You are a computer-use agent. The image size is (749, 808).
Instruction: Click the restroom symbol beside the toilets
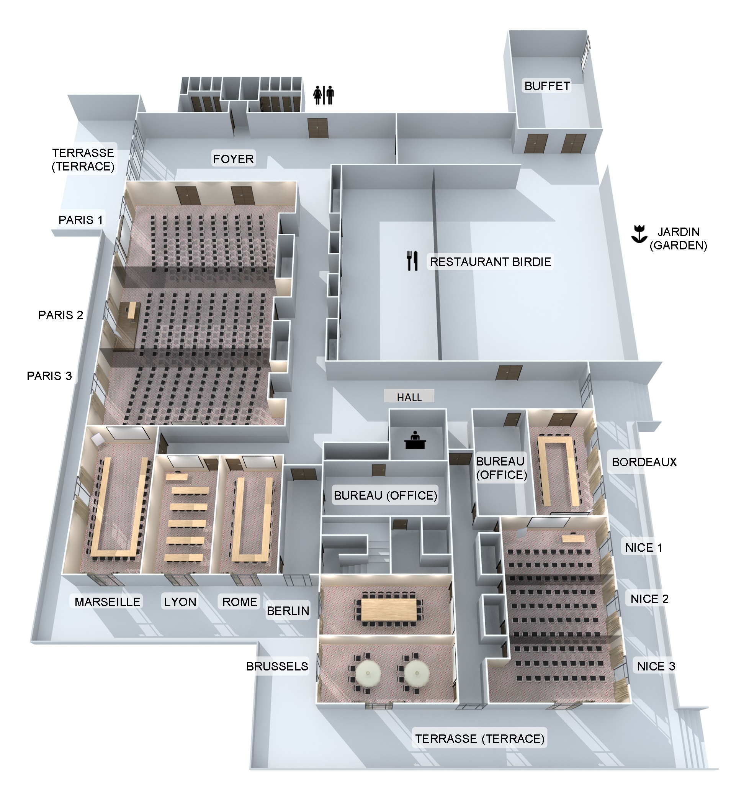[x=324, y=95]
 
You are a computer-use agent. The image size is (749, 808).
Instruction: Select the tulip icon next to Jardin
[x=639, y=234]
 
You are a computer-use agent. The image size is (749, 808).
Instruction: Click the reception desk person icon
[x=415, y=440]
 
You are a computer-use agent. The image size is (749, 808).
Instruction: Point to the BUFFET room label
[x=547, y=86]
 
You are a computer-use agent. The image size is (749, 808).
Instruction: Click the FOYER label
[x=233, y=159]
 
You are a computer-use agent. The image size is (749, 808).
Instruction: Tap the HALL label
[x=409, y=397]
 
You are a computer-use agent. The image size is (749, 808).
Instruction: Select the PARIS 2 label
[x=61, y=315]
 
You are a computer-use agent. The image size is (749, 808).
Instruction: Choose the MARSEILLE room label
[x=107, y=602]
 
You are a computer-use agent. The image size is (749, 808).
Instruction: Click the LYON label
[x=180, y=602]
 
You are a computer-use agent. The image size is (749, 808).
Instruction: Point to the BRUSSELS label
[x=277, y=666]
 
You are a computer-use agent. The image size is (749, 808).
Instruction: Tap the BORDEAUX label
[x=644, y=462]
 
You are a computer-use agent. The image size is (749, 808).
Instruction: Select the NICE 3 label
[x=656, y=666]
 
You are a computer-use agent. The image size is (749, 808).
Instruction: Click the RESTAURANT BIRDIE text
[x=491, y=262]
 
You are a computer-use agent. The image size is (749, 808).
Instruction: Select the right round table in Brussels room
[x=417, y=673]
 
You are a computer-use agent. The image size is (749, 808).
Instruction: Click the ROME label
[x=240, y=602]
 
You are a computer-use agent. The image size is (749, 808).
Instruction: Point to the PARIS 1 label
[x=81, y=220]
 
